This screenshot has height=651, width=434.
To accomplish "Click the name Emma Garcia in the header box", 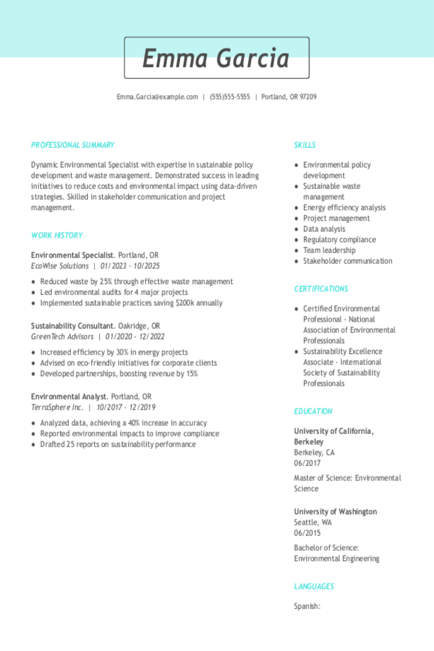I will [216, 58].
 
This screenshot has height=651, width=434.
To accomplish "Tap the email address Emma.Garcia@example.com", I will [157, 97].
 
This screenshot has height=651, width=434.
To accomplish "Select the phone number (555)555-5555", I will [230, 97].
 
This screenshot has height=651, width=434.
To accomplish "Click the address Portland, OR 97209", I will [289, 97].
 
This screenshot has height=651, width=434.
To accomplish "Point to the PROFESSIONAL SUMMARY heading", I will [73, 145].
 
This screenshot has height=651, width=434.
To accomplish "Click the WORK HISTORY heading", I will [57, 235].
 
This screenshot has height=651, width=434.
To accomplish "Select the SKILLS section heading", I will [305, 145].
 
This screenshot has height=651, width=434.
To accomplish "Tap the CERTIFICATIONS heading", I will [321, 289].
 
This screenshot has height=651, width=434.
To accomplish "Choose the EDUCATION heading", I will [313, 411].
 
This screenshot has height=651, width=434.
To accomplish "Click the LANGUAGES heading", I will [314, 586].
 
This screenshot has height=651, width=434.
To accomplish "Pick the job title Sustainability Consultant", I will [72, 326].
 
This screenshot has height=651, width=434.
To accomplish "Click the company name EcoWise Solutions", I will [60, 266].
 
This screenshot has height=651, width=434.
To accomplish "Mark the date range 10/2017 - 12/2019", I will [126, 407].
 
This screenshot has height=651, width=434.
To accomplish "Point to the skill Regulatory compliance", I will [339, 240].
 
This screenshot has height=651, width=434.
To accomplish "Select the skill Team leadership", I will [329, 250].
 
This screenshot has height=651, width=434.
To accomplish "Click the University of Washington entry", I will [335, 512].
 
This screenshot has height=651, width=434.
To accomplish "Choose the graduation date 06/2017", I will [307, 463].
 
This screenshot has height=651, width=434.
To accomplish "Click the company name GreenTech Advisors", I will [62, 337].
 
